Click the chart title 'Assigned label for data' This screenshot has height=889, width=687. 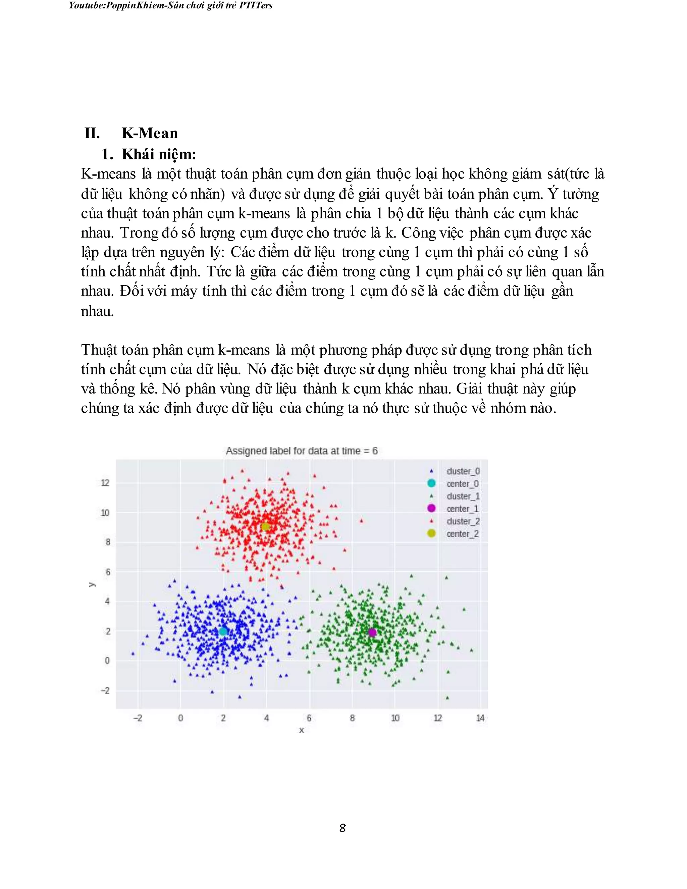point(302,451)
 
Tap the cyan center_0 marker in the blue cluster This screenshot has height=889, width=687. point(223,631)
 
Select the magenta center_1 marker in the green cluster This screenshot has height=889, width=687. point(372,632)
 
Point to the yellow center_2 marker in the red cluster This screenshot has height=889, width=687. point(265,527)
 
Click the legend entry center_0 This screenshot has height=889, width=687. point(462,483)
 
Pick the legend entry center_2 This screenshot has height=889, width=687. point(462,534)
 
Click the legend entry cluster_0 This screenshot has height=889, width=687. point(463,471)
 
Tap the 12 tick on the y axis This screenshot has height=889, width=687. point(105,483)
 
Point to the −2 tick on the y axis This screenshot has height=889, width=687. point(105,690)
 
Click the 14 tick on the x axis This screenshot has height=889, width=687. point(480,718)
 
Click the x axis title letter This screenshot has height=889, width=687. point(302,730)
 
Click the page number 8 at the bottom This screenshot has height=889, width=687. point(343,828)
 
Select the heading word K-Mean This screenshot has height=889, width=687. point(150,133)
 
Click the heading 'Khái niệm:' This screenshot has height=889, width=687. point(159,154)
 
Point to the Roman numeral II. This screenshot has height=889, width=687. point(92,133)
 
